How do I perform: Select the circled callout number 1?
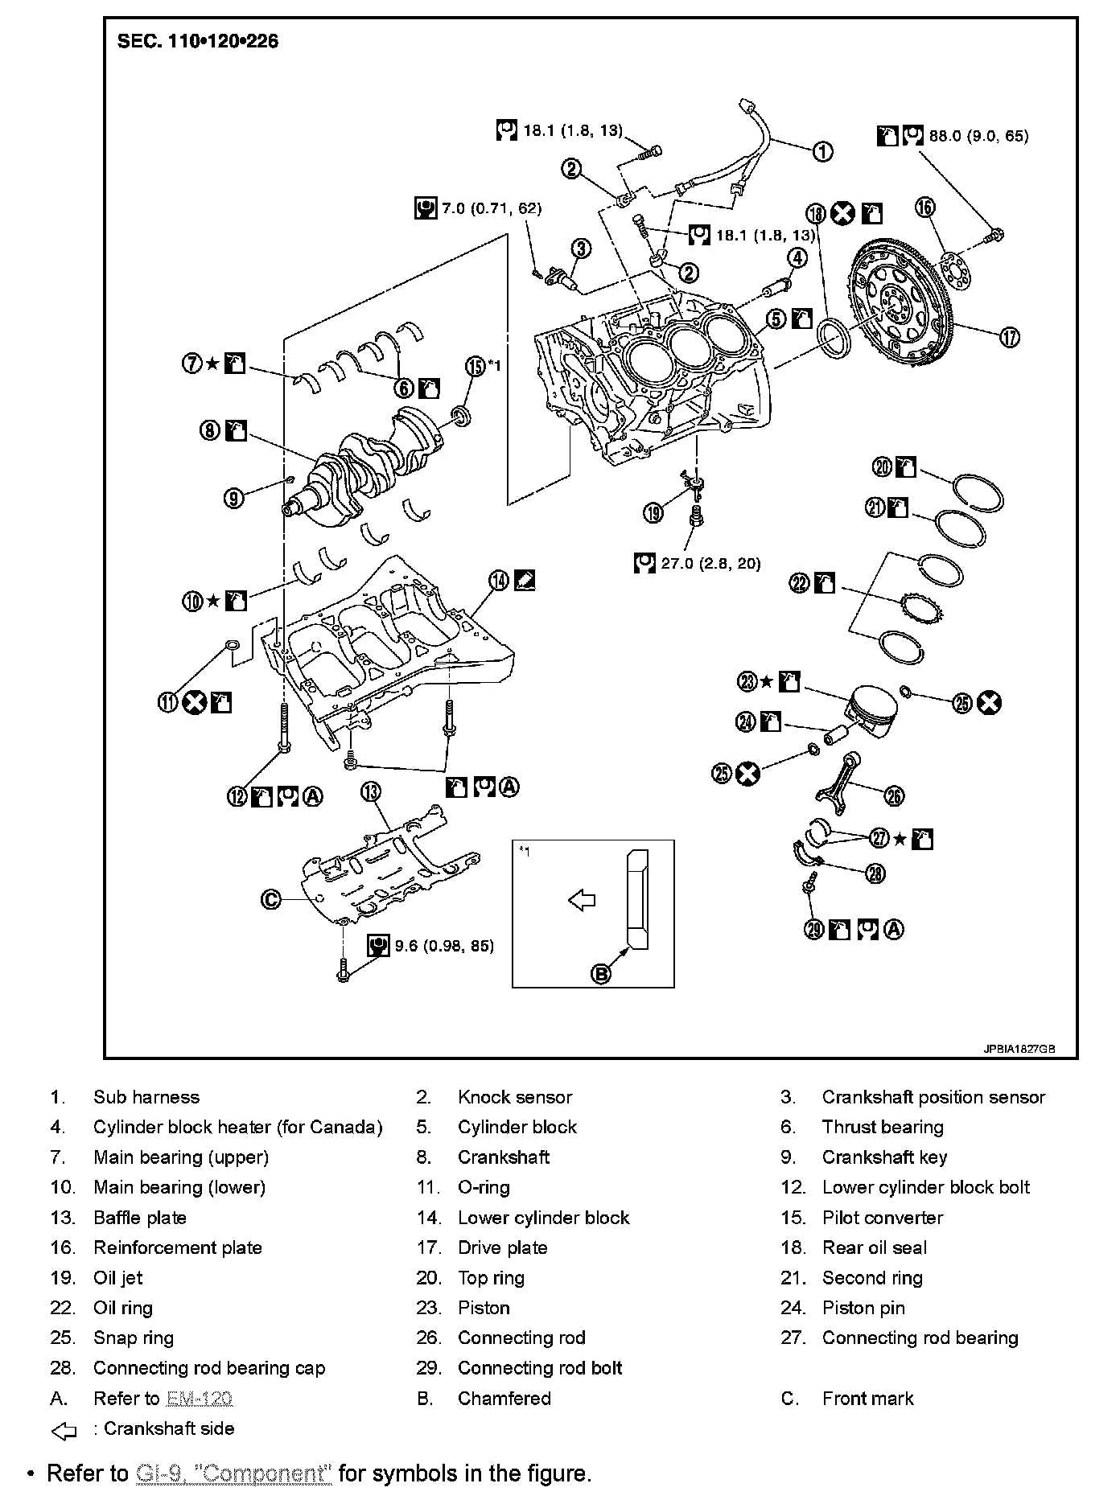pos(821,151)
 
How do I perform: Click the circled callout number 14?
pos(500,579)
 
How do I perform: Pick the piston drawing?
pos(871,712)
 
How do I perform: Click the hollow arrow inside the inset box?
pos(582,900)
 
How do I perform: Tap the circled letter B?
pos(601,974)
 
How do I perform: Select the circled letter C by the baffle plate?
pos(271,899)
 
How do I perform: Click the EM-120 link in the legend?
pos(200,1399)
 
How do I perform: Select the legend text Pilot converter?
pos(882,1218)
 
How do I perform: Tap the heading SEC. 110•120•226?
pos(198,41)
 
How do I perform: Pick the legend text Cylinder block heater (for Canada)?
pos(237,1127)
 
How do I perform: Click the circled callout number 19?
pos(654,512)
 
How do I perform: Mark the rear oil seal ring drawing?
pos(833,339)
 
